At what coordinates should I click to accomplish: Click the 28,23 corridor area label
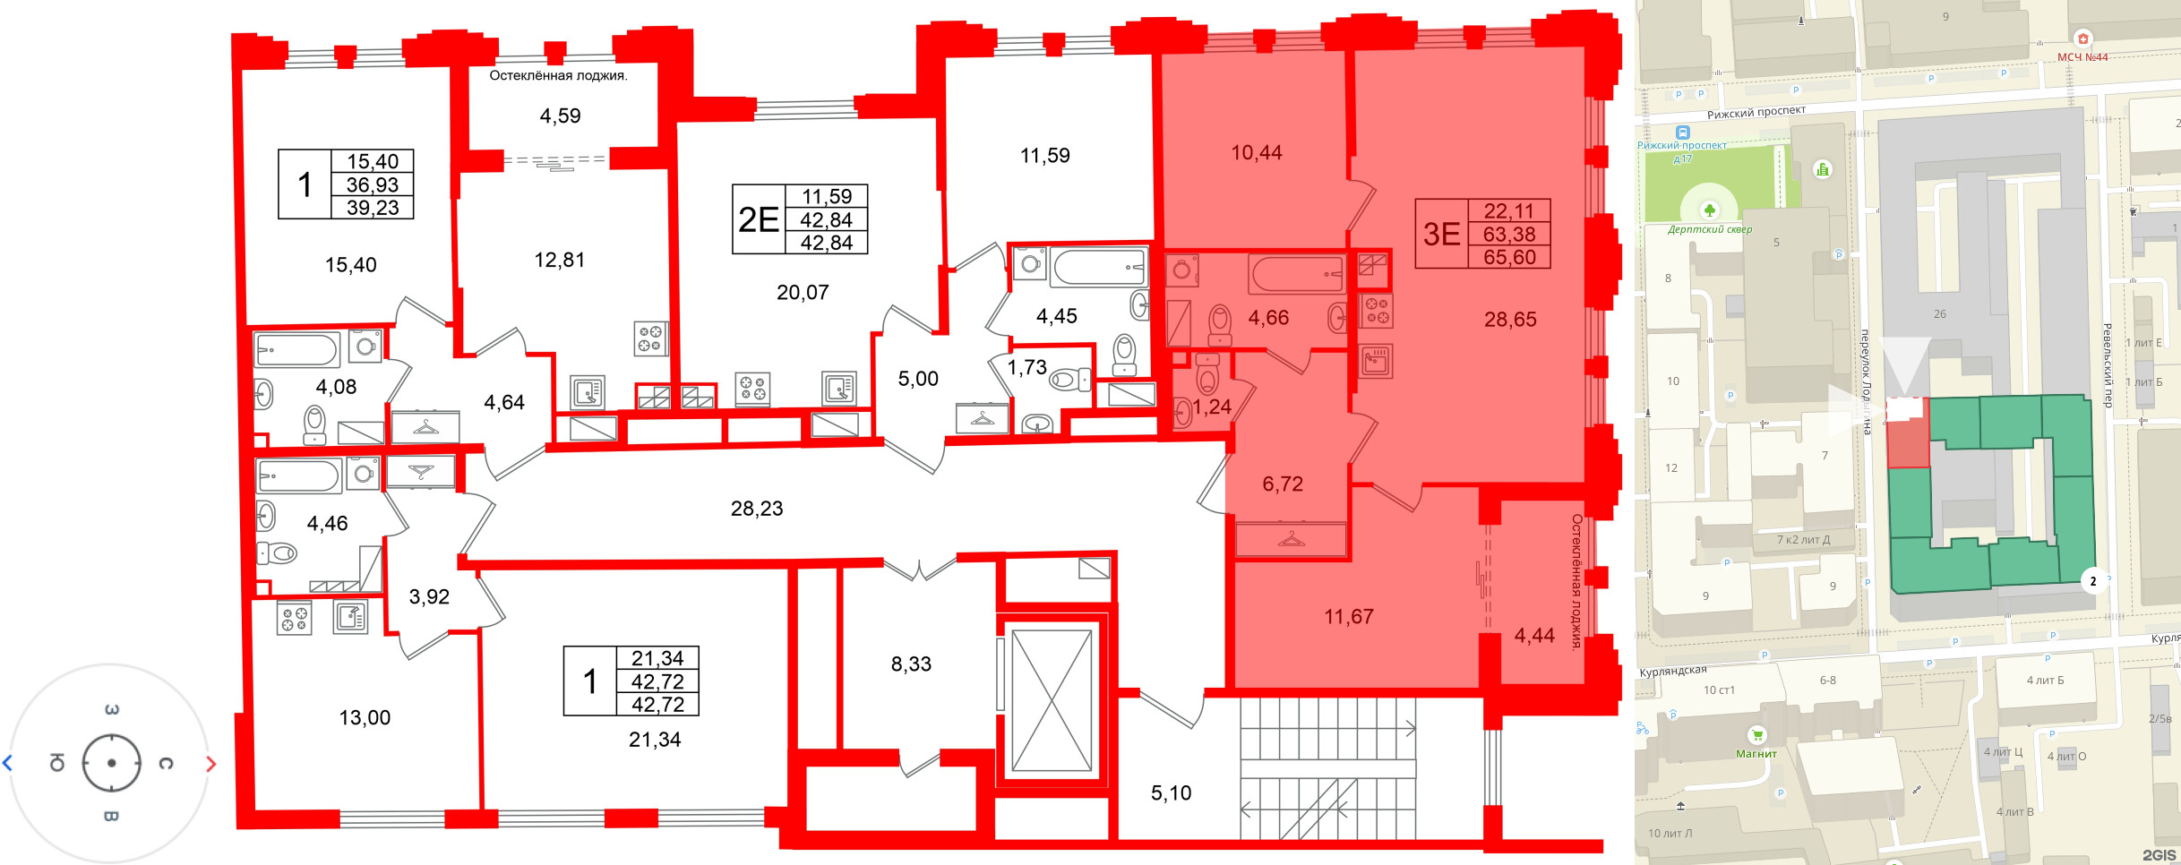(x=757, y=509)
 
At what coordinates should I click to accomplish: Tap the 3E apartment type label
(x=1441, y=234)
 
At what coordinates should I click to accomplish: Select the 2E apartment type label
(x=758, y=219)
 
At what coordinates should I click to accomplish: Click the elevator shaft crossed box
(x=1052, y=700)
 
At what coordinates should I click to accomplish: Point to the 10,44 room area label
(x=1256, y=153)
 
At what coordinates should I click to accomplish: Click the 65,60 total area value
(x=1509, y=257)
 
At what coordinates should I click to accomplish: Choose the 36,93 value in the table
(x=373, y=184)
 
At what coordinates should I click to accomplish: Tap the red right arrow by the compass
(x=211, y=764)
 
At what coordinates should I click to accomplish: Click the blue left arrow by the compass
(x=7, y=764)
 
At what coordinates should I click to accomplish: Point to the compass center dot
(x=111, y=764)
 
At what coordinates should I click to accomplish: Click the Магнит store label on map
(x=1756, y=753)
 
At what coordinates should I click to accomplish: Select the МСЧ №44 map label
(x=2082, y=57)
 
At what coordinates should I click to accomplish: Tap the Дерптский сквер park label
(x=1710, y=229)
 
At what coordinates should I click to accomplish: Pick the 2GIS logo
(x=2159, y=855)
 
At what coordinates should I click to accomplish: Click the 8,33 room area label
(x=911, y=664)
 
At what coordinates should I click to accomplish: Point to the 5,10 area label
(x=1171, y=793)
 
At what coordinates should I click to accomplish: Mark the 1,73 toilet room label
(x=1026, y=367)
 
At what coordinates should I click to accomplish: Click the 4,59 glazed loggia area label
(x=560, y=116)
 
